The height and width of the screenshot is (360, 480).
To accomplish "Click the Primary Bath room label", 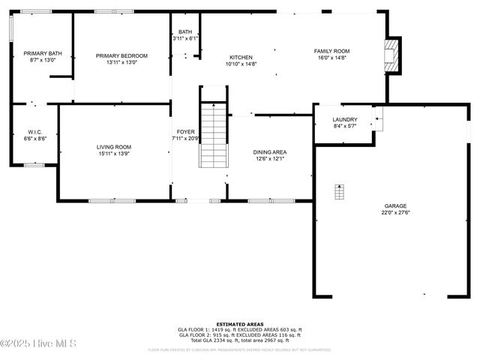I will click(x=42, y=53).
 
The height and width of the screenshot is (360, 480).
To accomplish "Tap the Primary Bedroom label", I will click(x=121, y=55).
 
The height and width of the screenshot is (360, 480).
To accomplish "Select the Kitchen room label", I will click(x=241, y=57).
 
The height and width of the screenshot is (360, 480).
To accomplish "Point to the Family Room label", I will click(x=331, y=51).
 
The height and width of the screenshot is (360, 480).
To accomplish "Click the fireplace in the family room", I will click(x=391, y=55).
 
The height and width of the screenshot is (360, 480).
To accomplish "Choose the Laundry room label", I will click(x=345, y=119).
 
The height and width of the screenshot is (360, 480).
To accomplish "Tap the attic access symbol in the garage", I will click(x=339, y=191).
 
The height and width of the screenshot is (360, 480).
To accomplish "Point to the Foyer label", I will click(x=185, y=131).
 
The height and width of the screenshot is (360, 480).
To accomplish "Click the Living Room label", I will click(x=114, y=147).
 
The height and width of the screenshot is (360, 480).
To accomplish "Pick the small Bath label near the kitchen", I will click(x=184, y=31).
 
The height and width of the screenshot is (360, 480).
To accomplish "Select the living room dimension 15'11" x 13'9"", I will click(x=114, y=154).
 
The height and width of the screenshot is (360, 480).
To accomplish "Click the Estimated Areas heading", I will click(x=240, y=324).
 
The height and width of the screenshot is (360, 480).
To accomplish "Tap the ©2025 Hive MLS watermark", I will click(x=28, y=344).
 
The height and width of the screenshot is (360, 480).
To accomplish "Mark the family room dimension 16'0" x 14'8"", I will click(x=331, y=58).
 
